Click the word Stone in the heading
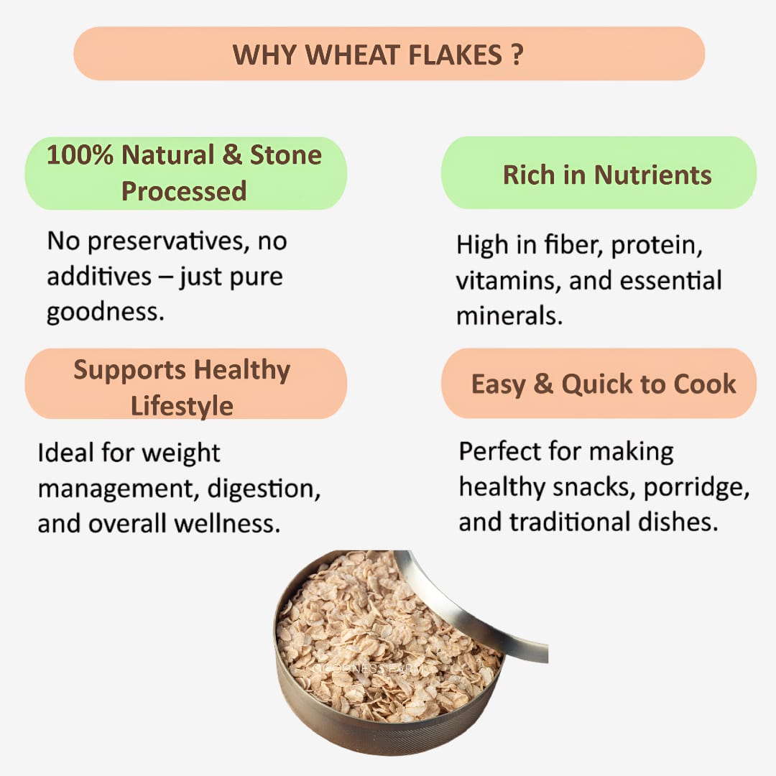[x=285, y=155]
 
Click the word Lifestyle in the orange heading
[x=182, y=406]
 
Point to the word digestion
[x=264, y=489]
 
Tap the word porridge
[x=696, y=487]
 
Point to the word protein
[x=657, y=245]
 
